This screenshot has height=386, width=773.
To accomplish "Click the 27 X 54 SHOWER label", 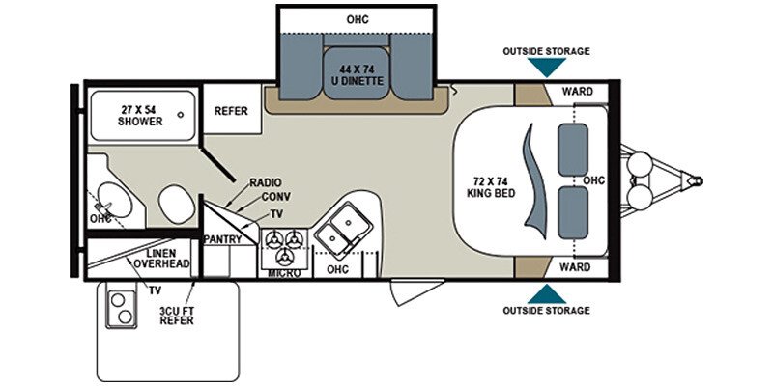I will click(140, 116).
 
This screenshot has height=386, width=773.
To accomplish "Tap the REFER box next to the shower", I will click(232, 111).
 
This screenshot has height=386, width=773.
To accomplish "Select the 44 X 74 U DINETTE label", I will click(362, 74).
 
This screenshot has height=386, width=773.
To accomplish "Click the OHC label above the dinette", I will click(358, 20).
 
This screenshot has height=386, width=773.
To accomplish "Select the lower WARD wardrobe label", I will click(576, 266).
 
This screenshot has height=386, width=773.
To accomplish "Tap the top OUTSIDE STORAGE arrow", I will click(547, 67).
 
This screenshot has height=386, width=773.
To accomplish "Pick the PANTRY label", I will click(221, 238).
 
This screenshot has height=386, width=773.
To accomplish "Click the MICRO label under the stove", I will click(285, 274).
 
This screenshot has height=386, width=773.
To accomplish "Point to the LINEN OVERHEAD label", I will click(160, 258).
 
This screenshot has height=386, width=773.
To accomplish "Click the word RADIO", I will click(265, 182).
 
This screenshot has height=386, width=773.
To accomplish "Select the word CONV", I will click(275, 198).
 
